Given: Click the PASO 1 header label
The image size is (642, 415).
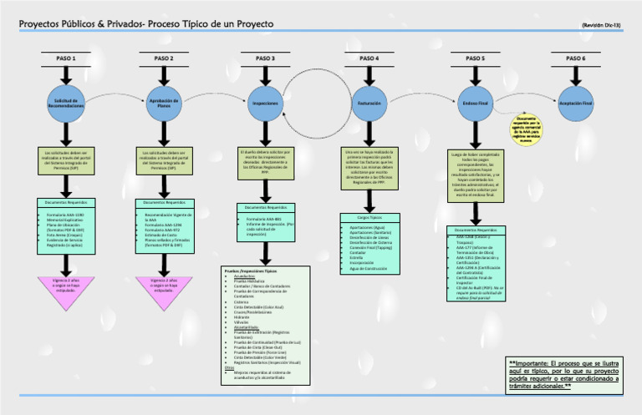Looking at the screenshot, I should click(x=65, y=58).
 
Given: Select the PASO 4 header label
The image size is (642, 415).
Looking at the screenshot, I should click(x=369, y=58).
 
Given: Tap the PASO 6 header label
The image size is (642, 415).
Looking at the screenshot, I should click(x=574, y=58).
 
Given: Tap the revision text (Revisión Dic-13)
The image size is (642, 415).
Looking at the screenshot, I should click(x=601, y=26).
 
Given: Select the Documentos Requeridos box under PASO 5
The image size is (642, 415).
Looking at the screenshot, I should click(x=476, y=267).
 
